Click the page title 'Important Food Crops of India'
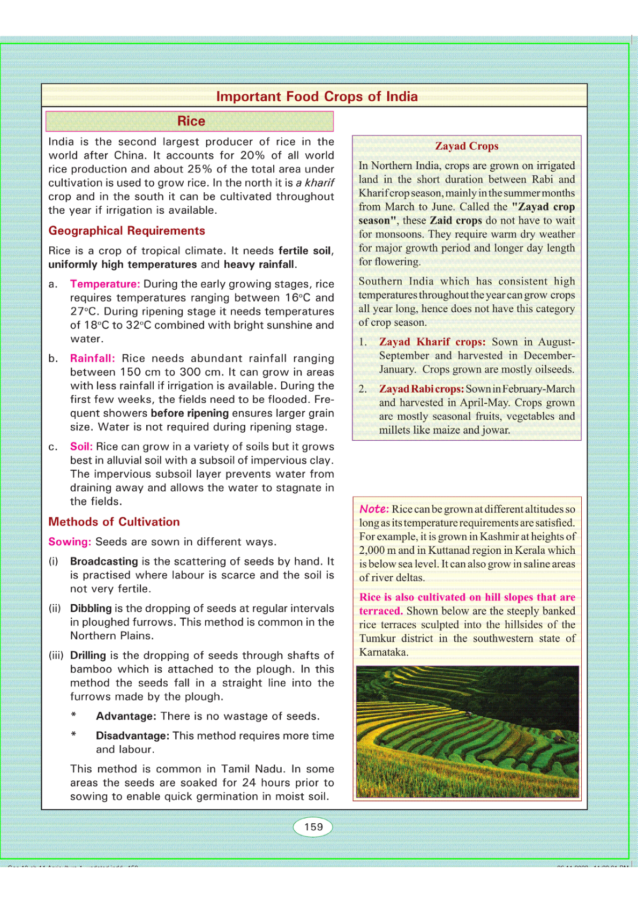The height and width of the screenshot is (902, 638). pos(317,96)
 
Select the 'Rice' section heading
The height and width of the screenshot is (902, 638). pos(191,121)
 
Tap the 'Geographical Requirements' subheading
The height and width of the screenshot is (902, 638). pos(126,231)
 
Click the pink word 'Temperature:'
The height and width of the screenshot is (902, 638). pos(105,284)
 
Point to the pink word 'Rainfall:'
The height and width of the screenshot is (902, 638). pos(92,358)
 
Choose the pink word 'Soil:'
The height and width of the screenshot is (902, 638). pos(81,447)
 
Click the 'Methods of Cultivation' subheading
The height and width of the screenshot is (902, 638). pos(114,522)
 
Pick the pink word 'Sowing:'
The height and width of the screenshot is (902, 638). pos(70,542)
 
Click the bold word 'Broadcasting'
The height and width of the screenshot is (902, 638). pos(104,561)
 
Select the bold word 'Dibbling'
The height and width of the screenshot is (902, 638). pos(91,608)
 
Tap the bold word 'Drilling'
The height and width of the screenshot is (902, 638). pos(88,656)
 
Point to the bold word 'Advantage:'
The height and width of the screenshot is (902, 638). pos(126,716)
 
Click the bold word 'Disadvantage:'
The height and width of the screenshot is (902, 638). pos(132,736)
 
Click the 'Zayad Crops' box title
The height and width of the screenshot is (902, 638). pos(467,146)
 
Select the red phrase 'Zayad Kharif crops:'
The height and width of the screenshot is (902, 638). pos(432,342)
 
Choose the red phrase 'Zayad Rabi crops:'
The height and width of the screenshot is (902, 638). pos(421,389)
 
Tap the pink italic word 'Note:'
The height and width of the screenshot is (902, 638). pos(374,509)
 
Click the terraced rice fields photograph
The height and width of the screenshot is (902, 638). pos(467,732)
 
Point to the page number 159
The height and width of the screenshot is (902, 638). pos(313,827)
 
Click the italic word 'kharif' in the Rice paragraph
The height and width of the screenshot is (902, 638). pos(320,183)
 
